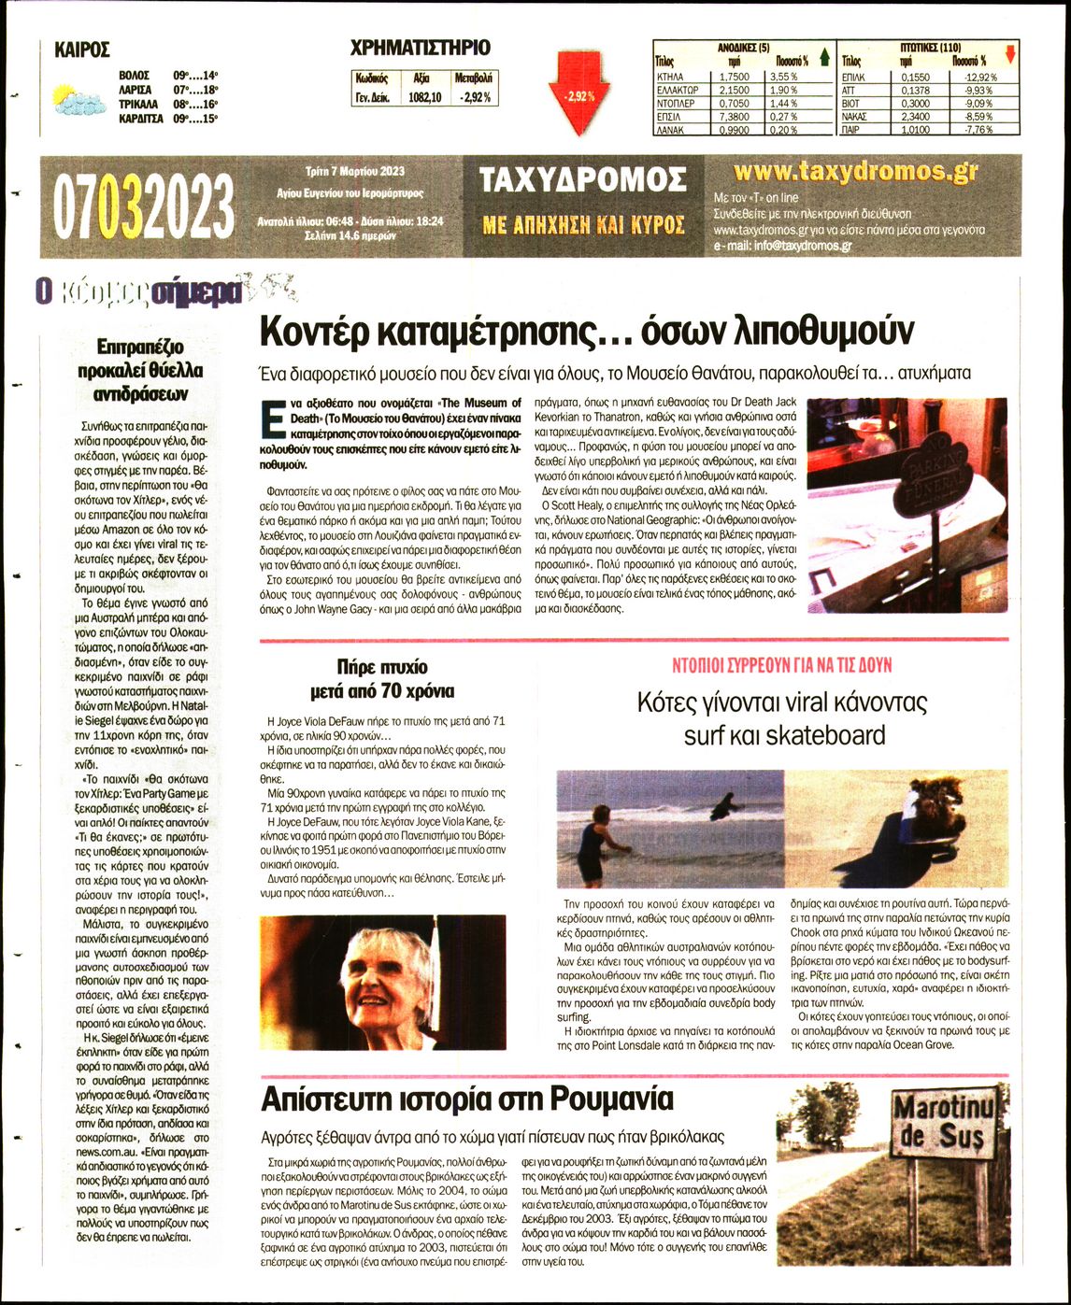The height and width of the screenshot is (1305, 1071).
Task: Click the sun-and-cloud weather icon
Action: pyautogui.click(x=78, y=99)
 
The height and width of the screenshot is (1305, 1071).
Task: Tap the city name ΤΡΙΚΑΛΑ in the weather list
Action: pyautogui.click(x=138, y=105)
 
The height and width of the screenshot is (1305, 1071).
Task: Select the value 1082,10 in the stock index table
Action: pyautogui.click(x=424, y=97)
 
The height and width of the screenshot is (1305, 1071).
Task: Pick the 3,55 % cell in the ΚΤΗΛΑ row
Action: pyautogui.click(x=781, y=77)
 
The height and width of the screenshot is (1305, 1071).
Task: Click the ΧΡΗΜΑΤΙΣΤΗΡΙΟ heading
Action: pyautogui.click(x=420, y=48)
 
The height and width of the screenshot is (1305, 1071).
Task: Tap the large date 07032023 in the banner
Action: pyautogui.click(x=144, y=206)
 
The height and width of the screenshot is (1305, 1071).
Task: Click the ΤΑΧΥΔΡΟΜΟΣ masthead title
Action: pyautogui.click(x=582, y=180)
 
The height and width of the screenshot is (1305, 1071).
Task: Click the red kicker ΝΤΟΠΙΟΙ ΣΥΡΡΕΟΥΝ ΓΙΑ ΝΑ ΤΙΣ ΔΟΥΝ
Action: pyautogui.click(x=782, y=665)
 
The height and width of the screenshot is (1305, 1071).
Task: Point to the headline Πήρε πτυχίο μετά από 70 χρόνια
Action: pyautogui.click(x=382, y=679)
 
